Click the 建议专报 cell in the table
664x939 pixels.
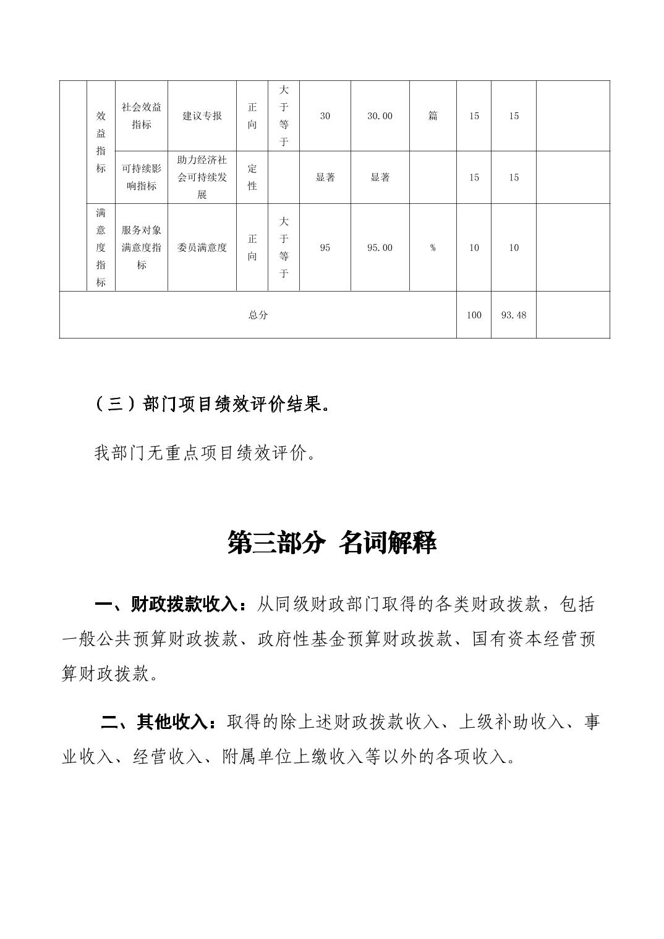coord(202,116)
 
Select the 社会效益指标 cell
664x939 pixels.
coord(141,116)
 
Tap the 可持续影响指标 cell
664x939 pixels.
coord(141,177)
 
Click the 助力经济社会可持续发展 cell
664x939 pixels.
coord(202,177)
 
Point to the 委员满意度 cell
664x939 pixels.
coord(202,248)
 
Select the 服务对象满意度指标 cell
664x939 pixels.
coord(141,248)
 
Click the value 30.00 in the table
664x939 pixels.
coord(380,116)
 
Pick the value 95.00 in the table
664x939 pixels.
coord(380,248)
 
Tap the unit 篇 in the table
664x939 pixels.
coord(433,116)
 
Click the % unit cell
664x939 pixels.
coord(433,248)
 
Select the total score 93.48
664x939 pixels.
coord(513,315)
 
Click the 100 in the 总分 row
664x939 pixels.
coord(474,315)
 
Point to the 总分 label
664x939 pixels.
coord(258,315)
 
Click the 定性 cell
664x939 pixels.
coord(252,177)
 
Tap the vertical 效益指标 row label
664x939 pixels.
coord(101,142)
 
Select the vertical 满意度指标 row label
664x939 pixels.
coord(101,248)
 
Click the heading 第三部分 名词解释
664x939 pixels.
coord(332,543)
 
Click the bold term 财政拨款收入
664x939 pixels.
coord(184,604)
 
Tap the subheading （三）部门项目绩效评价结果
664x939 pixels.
coord(210,405)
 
